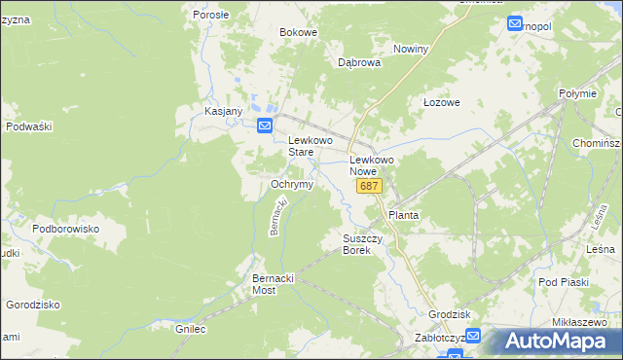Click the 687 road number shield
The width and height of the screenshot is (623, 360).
[368, 186]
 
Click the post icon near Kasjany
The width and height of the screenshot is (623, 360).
[265, 126]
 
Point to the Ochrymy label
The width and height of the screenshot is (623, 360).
[291, 184]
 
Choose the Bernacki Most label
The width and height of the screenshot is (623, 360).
[273, 284]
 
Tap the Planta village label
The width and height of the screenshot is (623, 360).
[404, 214]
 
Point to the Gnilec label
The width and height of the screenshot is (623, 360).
[192, 329]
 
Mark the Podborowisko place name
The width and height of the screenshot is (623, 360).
[66, 229]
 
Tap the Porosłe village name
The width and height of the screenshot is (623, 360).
[210, 15]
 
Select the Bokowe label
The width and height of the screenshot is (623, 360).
[299, 32]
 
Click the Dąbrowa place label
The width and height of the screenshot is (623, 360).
[358, 61]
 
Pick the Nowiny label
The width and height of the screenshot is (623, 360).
[410, 49]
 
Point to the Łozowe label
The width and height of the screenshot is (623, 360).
[441, 102]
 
